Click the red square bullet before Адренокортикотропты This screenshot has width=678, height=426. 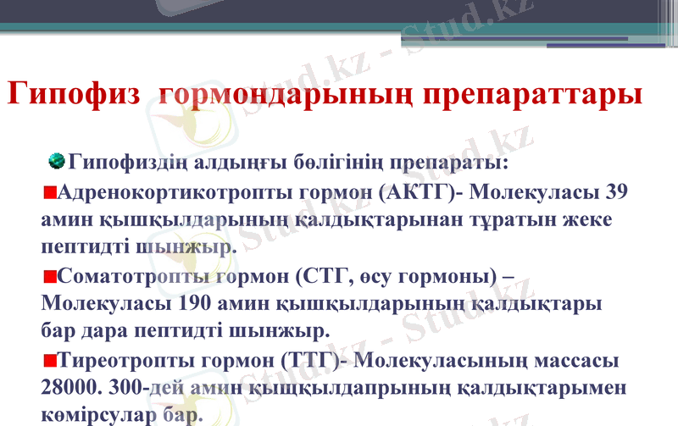48,191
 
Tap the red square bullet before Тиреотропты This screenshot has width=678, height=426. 48,361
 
